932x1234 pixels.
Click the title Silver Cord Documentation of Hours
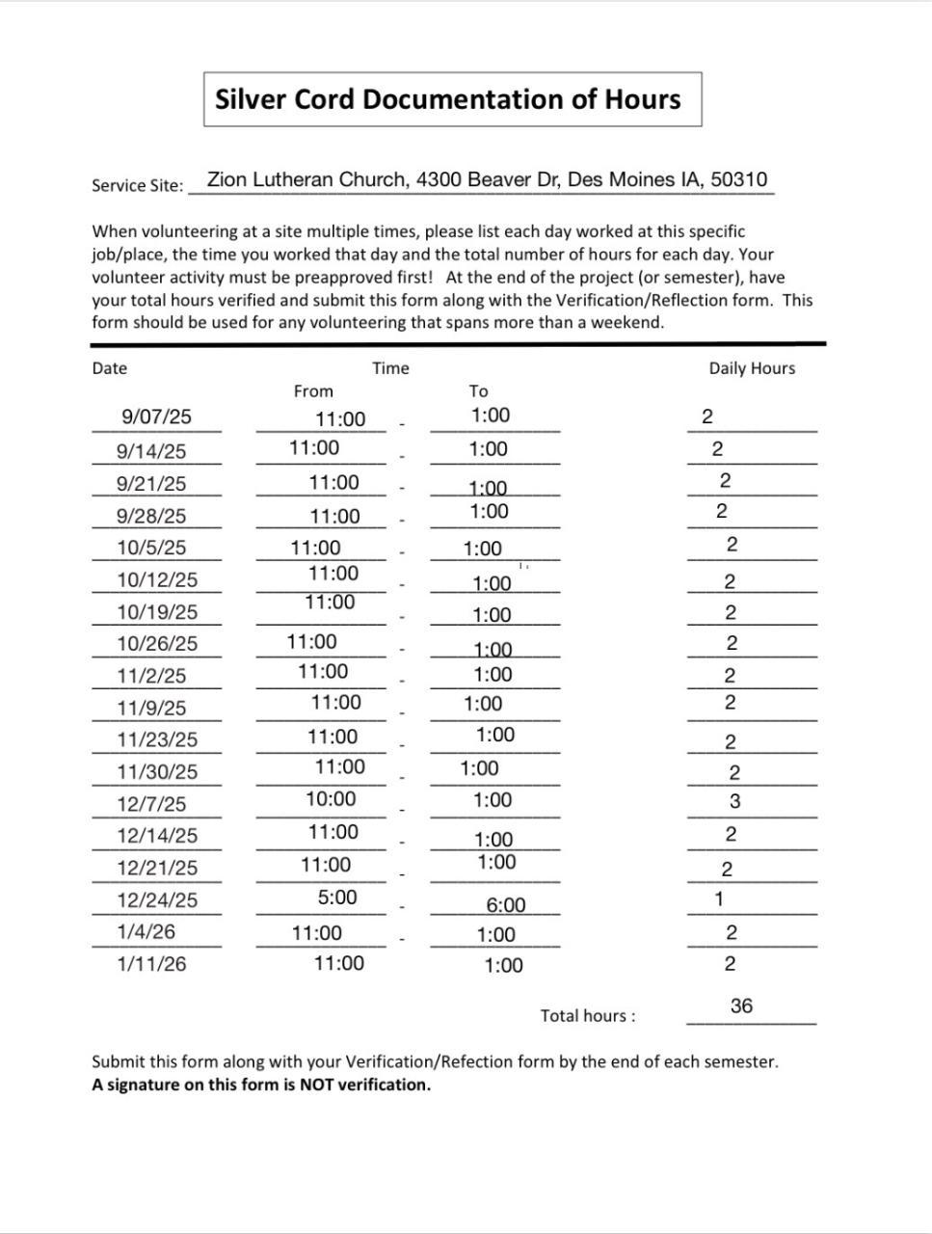pos(448,99)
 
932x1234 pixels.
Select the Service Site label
pos(137,185)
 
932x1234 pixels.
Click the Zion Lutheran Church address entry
pos(487,180)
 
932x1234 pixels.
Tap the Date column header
pos(109,368)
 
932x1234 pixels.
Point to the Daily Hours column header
pos(752,368)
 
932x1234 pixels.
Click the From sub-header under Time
pos(313,391)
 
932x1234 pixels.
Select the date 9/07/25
pos(156,416)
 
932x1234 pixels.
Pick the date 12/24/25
pos(157,899)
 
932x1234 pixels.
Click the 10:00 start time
pos(331,799)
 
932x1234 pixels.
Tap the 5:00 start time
pos(337,898)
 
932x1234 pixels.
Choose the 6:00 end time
pos(506,905)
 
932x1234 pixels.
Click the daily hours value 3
pos(735,801)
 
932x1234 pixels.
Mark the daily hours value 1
pos(719,899)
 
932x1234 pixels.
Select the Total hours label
pos(588,1016)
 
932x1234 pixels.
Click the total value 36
pos(741,1006)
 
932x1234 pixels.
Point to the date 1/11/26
pos(151,964)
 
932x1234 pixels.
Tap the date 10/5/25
pos(151,548)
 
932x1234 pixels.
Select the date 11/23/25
pos(157,739)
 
